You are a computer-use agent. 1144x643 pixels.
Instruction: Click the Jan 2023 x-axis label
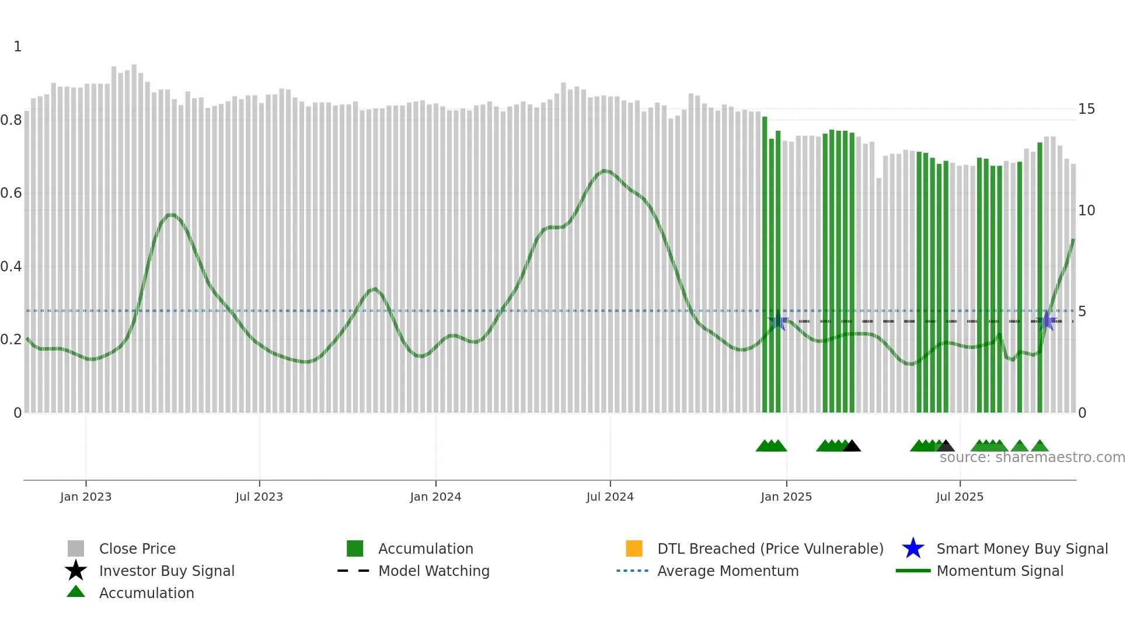(x=86, y=497)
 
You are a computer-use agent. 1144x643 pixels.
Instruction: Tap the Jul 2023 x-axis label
(x=259, y=497)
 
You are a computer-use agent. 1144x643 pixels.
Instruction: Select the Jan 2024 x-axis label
(x=435, y=497)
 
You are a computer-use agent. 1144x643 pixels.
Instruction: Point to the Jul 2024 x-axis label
(x=610, y=497)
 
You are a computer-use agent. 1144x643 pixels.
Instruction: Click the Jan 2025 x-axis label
(x=786, y=497)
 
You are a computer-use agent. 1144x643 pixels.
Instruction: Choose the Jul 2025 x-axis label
(x=960, y=497)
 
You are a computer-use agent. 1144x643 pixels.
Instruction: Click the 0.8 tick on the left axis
(x=11, y=120)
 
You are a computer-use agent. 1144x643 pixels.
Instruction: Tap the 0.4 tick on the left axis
(x=11, y=267)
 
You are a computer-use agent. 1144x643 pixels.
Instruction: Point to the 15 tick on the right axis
(x=1086, y=109)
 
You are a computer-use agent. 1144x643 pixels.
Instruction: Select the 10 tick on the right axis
(x=1086, y=211)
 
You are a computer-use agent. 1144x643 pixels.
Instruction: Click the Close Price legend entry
(x=137, y=548)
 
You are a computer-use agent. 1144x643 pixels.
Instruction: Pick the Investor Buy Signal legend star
(x=76, y=571)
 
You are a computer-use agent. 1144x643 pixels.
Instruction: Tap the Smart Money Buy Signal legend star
(x=913, y=548)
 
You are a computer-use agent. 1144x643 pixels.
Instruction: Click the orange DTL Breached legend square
(x=634, y=548)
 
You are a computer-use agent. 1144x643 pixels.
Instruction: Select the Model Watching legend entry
(x=434, y=571)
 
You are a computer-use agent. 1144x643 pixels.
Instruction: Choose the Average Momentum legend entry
(x=728, y=571)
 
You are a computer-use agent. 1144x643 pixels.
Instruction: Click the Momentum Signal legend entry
(x=1000, y=571)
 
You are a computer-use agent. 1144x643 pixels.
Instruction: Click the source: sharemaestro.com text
(x=1032, y=457)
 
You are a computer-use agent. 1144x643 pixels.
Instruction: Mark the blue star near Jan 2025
(x=778, y=321)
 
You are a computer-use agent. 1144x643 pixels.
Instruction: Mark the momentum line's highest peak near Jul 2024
(x=605, y=171)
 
